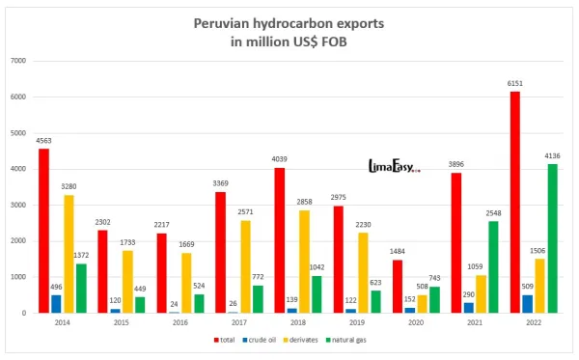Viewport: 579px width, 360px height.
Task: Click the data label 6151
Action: tap(487, 84)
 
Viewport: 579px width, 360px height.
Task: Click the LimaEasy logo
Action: tap(394, 167)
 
